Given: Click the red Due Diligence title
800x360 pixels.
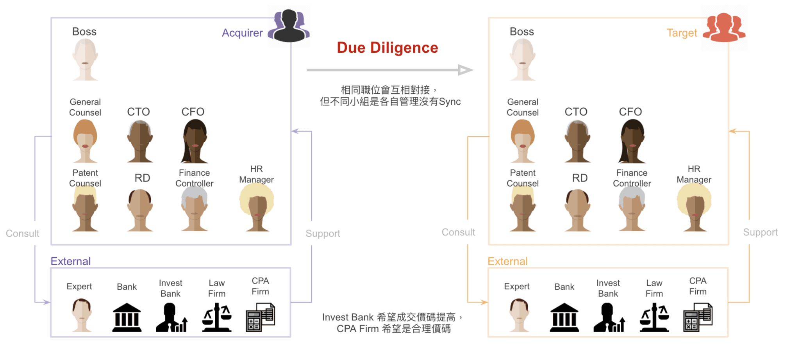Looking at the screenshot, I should tap(387, 48).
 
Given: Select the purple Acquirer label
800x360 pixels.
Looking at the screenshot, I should tap(242, 33).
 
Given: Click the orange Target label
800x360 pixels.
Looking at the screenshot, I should tap(682, 33).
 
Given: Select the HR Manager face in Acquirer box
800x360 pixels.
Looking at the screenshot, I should tap(257, 207).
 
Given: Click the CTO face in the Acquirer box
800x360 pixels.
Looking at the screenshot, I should tap(140, 141).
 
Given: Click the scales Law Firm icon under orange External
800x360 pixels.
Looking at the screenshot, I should tap(654, 318).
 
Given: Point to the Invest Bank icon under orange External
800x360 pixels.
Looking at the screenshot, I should tap(609, 318).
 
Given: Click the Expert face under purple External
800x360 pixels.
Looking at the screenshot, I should tap(82, 315).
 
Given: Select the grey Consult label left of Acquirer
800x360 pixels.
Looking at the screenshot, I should tap(22, 233).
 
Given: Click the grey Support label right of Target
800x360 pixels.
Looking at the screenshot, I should tap(760, 232).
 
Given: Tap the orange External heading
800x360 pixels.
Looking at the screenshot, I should tap(507, 261).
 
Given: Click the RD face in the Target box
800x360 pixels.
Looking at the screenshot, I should tap(577, 209).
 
